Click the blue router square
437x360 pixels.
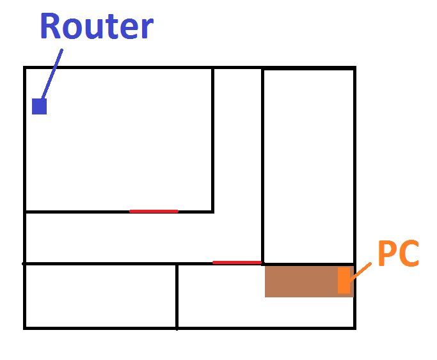coord(40,107)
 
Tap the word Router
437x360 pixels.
coord(97,27)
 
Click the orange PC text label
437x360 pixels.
coord(397,254)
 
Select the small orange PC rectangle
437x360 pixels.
coord(344,281)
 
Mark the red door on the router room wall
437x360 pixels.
coord(154,211)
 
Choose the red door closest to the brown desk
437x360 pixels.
coord(237,262)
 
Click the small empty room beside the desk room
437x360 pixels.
coord(100,295)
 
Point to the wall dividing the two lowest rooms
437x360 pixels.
coord(177,295)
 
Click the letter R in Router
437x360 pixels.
coord(52,27)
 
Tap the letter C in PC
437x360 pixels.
coord(409,254)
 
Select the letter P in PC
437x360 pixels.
coord(387,254)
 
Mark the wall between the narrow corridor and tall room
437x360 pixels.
coord(262,160)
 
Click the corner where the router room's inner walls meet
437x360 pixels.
coord(213,211)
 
